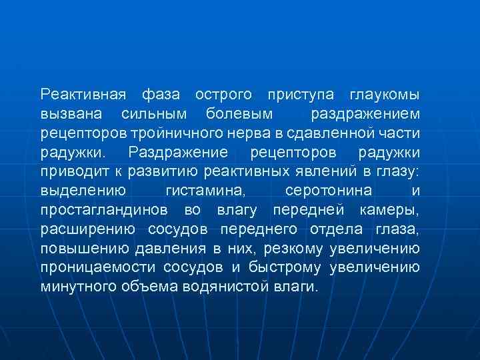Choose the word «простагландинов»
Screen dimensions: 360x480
click(x=107, y=210)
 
